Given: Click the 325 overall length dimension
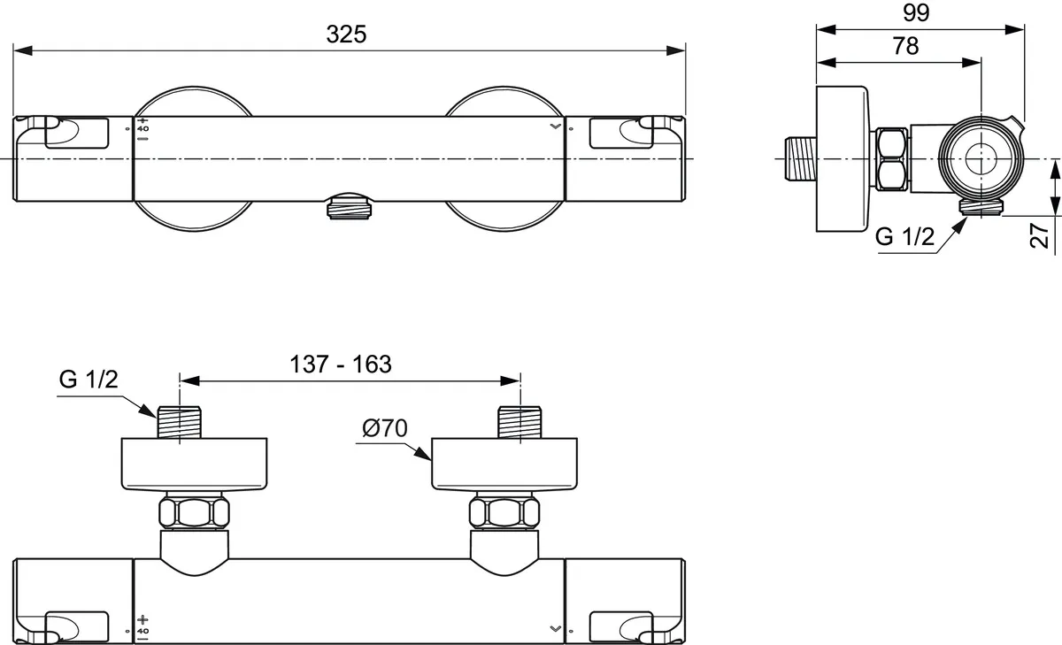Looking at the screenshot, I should (x=346, y=35).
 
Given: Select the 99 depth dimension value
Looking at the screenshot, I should (x=916, y=12).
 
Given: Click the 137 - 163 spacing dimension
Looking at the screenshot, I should (x=341, y=364).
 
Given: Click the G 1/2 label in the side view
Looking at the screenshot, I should (x=904, y=237).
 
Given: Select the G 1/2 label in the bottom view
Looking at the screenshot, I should (x=88, y=380).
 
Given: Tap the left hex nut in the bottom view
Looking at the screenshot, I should (x=193, y=512).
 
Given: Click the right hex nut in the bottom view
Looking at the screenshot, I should (x=504, y=512).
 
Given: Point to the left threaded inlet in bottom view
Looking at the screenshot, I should (x=181, y=421).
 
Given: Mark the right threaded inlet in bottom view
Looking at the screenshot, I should (x=520, y=421).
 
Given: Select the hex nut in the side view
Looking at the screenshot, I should (x=891, y=159).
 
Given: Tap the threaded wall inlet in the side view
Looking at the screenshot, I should (x=800, y=159).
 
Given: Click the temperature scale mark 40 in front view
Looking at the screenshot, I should (x=143, y=129).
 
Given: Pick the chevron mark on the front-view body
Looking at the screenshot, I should (x=555, y=127).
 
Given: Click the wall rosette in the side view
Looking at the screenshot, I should (x=844, y=159).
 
